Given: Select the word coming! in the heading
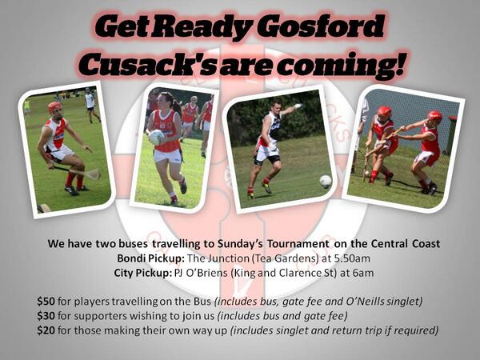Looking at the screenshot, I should [348, 62].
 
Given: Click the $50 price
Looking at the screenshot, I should [46, 302].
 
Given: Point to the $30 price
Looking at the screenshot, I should [46, 317].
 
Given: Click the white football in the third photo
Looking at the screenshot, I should [325, 181].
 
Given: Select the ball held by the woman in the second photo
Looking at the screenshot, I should [157, 137].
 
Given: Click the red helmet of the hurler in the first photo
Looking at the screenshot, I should [54, 106].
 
